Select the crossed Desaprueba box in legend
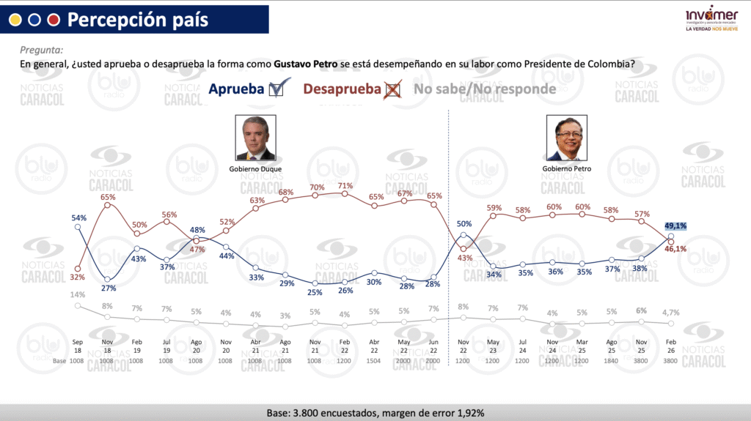click(393, 89)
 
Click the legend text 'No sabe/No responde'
click(485, 89)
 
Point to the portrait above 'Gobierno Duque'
click(254, 137)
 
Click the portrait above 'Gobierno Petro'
click(567, 137)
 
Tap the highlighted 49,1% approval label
click(675, 226)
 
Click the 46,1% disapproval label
click(675, 249)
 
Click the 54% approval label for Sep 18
click(79, 217)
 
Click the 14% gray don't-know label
click(78, 295)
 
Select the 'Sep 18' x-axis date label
click(78, 346)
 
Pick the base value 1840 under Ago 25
click(612, 361)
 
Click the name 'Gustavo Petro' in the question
click(306, 64)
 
